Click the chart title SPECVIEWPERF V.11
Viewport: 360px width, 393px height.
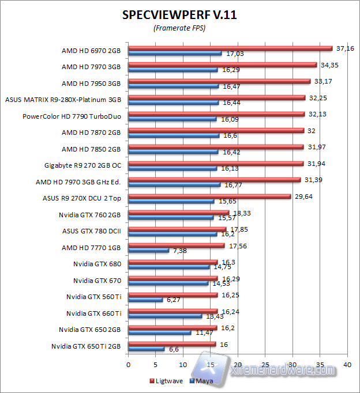[179, 16]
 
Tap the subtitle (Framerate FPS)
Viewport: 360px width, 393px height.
[179, 28]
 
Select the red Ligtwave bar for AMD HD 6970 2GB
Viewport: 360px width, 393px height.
[230, 48]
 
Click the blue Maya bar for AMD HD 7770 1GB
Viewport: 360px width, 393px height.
[148, 251]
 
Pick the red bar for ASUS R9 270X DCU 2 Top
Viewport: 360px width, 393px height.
[209, 196]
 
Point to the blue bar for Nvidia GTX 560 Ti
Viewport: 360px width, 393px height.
[145, 300]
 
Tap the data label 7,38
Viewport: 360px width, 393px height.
[179, 251]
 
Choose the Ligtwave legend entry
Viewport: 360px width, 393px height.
[169, 381]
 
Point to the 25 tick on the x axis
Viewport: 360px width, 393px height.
[265, 365]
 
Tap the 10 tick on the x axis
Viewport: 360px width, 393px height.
[183, 365]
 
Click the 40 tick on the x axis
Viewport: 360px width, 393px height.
[347, 365]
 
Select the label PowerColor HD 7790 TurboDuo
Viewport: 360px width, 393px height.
[72, 116]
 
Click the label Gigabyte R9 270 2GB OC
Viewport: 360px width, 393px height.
[82, 165]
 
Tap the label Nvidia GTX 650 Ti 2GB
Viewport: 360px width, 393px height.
[86, 346]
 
